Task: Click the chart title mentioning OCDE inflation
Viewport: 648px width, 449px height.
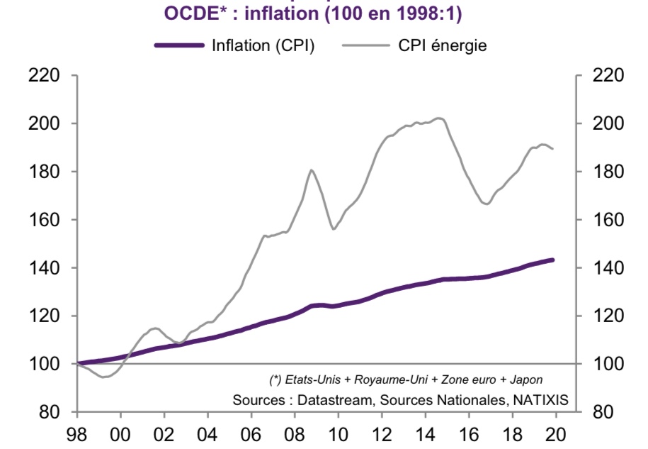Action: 318,13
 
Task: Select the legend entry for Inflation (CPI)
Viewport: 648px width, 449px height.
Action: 263,45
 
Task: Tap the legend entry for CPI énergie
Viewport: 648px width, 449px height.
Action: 441,45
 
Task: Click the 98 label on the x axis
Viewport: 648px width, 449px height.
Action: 78,433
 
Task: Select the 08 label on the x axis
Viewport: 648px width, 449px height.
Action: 295,433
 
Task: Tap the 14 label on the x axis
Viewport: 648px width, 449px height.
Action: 425,433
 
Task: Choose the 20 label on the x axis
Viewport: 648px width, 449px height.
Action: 555,433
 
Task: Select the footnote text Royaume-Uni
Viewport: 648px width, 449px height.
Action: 387,380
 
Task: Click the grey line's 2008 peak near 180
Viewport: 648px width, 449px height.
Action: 312,170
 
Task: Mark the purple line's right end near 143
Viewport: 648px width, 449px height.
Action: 552,260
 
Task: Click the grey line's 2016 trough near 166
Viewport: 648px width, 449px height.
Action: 487,204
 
